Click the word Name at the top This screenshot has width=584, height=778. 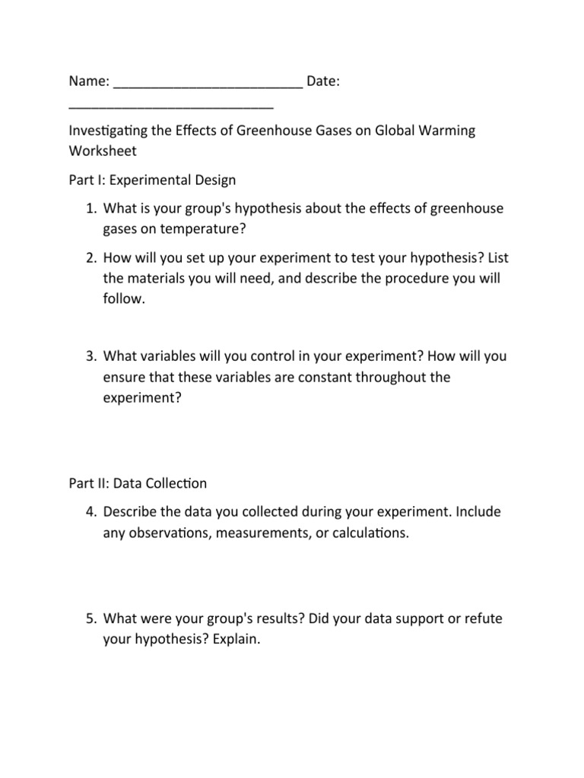[x=87, y=81]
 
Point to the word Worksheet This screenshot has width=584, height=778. [x=103, y=150]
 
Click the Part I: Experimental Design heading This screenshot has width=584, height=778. [x=152, y=180]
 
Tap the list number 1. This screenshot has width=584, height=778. [x=89, y=209]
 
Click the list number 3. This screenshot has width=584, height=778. [x=89, y=356]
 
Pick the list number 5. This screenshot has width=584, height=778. [x=89, y=619]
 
